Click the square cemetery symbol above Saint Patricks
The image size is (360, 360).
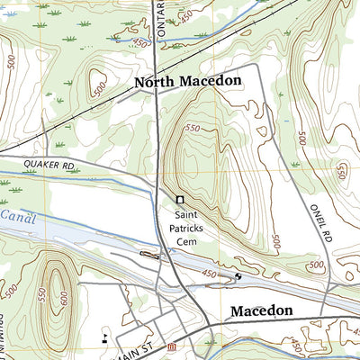[180, 200]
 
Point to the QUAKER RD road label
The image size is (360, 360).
[49, 166]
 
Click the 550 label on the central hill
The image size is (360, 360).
[192, 130]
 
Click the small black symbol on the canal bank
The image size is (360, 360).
[238, 276]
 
